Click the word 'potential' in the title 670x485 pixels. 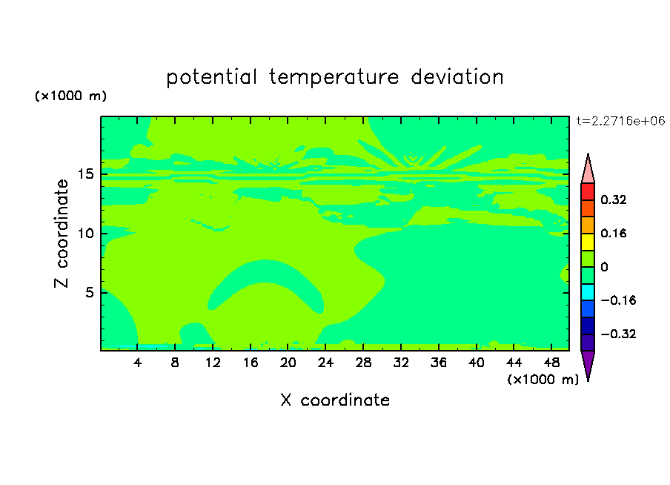tap(211, 77)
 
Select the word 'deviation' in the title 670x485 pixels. tap(457, 76)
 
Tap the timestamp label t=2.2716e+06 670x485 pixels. tap(620, 121)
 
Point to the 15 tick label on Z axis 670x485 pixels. tap(85, 174)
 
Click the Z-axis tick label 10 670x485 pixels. tap(85, 233)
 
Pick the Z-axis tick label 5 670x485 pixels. tap(89, 292)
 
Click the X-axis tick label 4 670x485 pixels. tap(137, 363)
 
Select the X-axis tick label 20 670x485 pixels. tap(288, 363)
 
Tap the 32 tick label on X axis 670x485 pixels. tap(401, 363)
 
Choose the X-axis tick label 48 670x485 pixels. tap(551, 363)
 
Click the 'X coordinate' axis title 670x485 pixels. tap(335, 400)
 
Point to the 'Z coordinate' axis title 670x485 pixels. tap(61, 233)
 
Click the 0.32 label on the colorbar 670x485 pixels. tap(613, 199)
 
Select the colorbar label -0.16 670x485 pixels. tap(618, 300)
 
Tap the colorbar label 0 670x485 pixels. tap(604, 267)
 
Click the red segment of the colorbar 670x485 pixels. tap(588, 191)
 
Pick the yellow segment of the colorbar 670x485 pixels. tap(588, 242)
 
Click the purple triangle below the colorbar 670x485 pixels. tap(588, 364)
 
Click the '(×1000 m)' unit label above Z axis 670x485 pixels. tap(70, 96)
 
